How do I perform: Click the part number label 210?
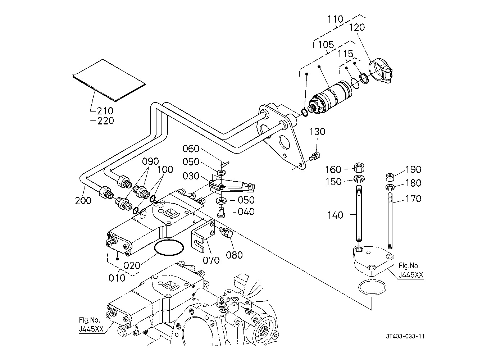point(105,111)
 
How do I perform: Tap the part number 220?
point(105,120)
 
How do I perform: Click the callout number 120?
point(356,27)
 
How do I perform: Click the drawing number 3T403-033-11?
point(405,337)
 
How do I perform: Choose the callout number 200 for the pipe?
point(83,200)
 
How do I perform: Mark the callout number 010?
point(117,278)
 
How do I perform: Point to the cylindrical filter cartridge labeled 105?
point(333,96)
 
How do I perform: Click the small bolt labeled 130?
point(314,156)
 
